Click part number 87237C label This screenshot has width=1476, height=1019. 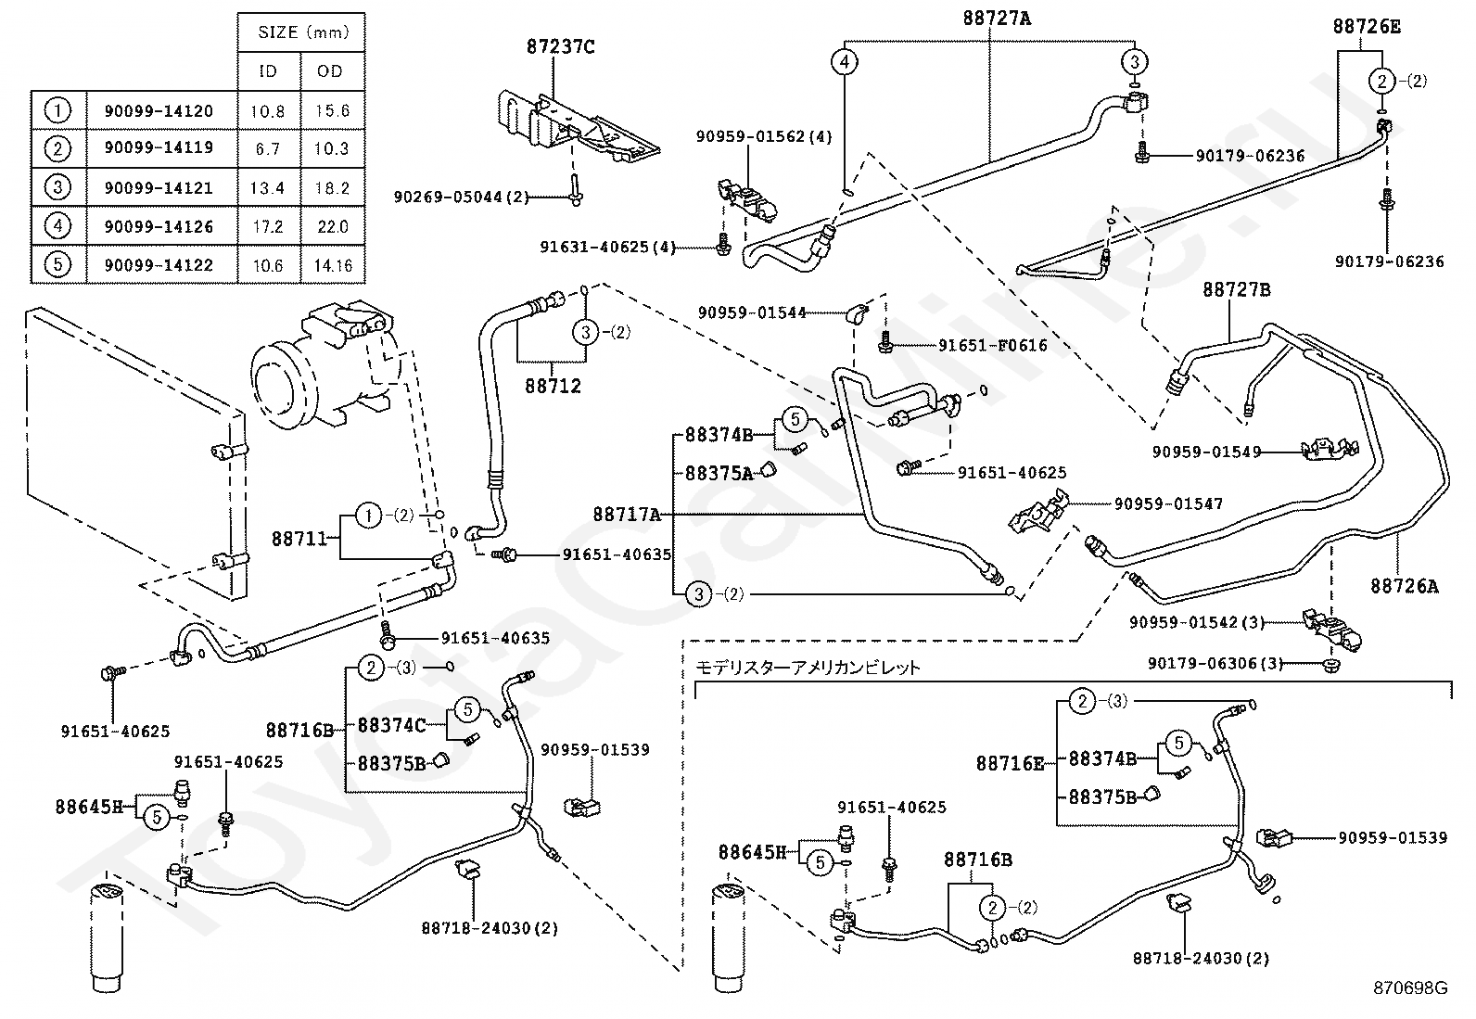[560, 46]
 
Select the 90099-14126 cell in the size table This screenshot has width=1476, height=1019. [159, 226]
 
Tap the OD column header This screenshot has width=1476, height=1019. [329, 71]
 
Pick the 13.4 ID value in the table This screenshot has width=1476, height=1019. [267, 188]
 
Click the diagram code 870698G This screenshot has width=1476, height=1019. [1410, 987]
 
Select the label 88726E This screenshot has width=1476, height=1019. [1367, 27]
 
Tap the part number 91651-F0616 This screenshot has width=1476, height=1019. [992, 346]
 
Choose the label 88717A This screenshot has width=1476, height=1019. [627, 513]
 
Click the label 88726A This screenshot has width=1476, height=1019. [1405, 586]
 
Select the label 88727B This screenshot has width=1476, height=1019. [1236, 289]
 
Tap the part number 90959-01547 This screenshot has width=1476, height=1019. [1168, 504]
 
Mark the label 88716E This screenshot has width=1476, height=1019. [1010, 763]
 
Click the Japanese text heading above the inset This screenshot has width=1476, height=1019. [808, 667]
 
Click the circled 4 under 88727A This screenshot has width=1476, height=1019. [844, 62]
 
